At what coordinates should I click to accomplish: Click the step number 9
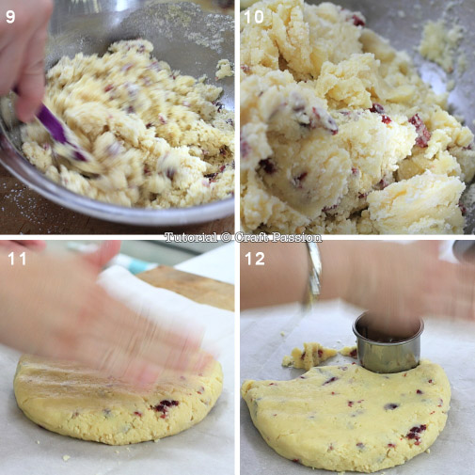point(10,17)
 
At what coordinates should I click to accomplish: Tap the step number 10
point(254,17)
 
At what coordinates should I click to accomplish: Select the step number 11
point(17,259)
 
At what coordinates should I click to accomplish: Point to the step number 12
point(255,259)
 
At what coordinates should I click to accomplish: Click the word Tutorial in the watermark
point(191,237)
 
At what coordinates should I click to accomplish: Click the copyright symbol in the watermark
point(226,238)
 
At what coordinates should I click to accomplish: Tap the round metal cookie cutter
point(388,343)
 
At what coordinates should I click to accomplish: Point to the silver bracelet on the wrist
point(313,276)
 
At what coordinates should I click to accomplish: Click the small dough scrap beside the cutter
point(309,355)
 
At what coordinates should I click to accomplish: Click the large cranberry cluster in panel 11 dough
point(166,407)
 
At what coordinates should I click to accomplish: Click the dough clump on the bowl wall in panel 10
point(439,44)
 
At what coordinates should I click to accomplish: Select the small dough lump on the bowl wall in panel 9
point(225,69)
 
